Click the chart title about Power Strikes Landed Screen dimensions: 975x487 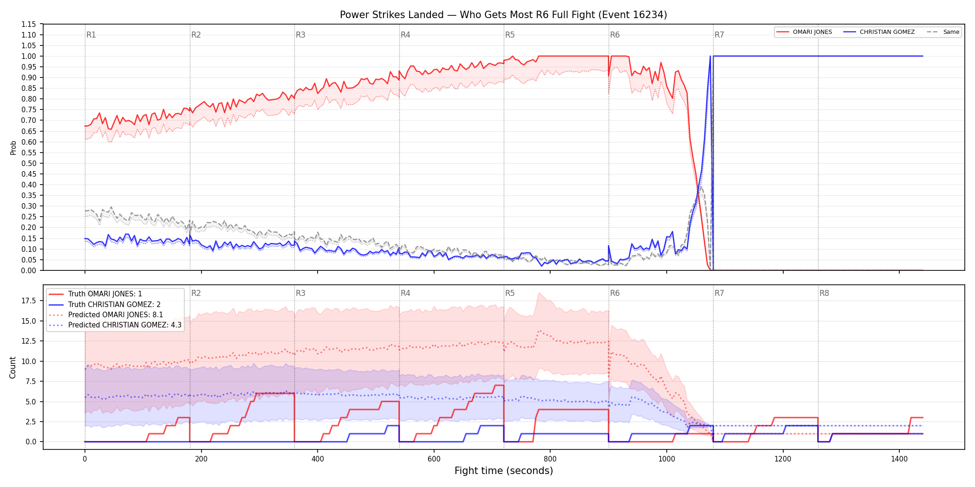[x=503, y=15]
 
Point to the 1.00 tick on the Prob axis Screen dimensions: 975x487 [x=29, y=56]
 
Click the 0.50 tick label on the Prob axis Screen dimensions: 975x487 [x=29, y=163]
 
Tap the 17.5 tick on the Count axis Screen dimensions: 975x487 [x=29, y=301]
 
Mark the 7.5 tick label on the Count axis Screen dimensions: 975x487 [x=31, y=381]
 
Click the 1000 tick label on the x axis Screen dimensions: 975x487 [x=667, y=459]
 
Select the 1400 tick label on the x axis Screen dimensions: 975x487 [x=899, y=459]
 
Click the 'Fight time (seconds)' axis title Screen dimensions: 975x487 [x=504, y=471]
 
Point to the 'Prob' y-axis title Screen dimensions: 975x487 [x=13, y=147]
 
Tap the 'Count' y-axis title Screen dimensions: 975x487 [x=13, y=367]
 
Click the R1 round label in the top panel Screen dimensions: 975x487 [x=91, y=35]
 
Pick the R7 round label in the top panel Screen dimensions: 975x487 [x=719, y=35]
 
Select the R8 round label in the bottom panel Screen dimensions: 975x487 [x=824, y=293]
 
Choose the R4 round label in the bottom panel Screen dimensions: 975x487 [x=405, y=293]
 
